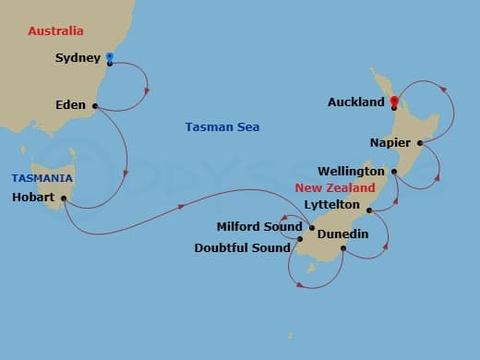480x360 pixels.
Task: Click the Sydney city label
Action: [x=78, y=58]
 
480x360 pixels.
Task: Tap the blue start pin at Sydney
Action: [x=110, y=57]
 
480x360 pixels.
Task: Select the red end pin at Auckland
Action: [x=393, y=102]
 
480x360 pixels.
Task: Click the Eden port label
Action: [x=70, y=105]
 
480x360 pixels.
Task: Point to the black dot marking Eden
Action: [x=94, y=105]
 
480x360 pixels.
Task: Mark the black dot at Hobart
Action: [x=65, y=198]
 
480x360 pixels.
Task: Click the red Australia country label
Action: [x=56, y=31]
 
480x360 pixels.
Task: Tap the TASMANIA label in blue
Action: [x=42, y=177]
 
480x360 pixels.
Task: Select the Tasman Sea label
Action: [x=222, y=126]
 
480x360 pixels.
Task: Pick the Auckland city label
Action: [x=356, y=102]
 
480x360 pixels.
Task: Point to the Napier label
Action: [x=390, y=143]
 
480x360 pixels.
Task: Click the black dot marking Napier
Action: [x=420, y=143]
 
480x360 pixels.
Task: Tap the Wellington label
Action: [x=351, y=172]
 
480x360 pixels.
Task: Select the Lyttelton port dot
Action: [x=368, y=210]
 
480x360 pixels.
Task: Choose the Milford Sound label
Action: [x=259, y=226]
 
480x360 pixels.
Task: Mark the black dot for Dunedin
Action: [x=343, y=247]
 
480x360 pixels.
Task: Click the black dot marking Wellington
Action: [x=394, y=172]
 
